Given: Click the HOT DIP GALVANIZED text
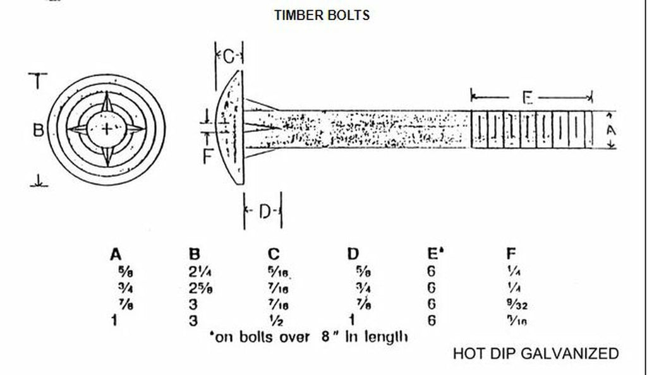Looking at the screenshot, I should [536, 354].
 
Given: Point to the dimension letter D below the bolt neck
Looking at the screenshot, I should [264, 212].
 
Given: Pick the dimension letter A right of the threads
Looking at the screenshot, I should [610, 131].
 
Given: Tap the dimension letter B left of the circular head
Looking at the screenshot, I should [38, 130].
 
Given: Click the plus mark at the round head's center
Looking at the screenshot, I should [109, 129].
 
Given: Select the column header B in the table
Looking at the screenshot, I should [195, 254].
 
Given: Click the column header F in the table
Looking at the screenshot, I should [511, 254].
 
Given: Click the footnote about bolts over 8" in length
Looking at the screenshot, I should [308, 336].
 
